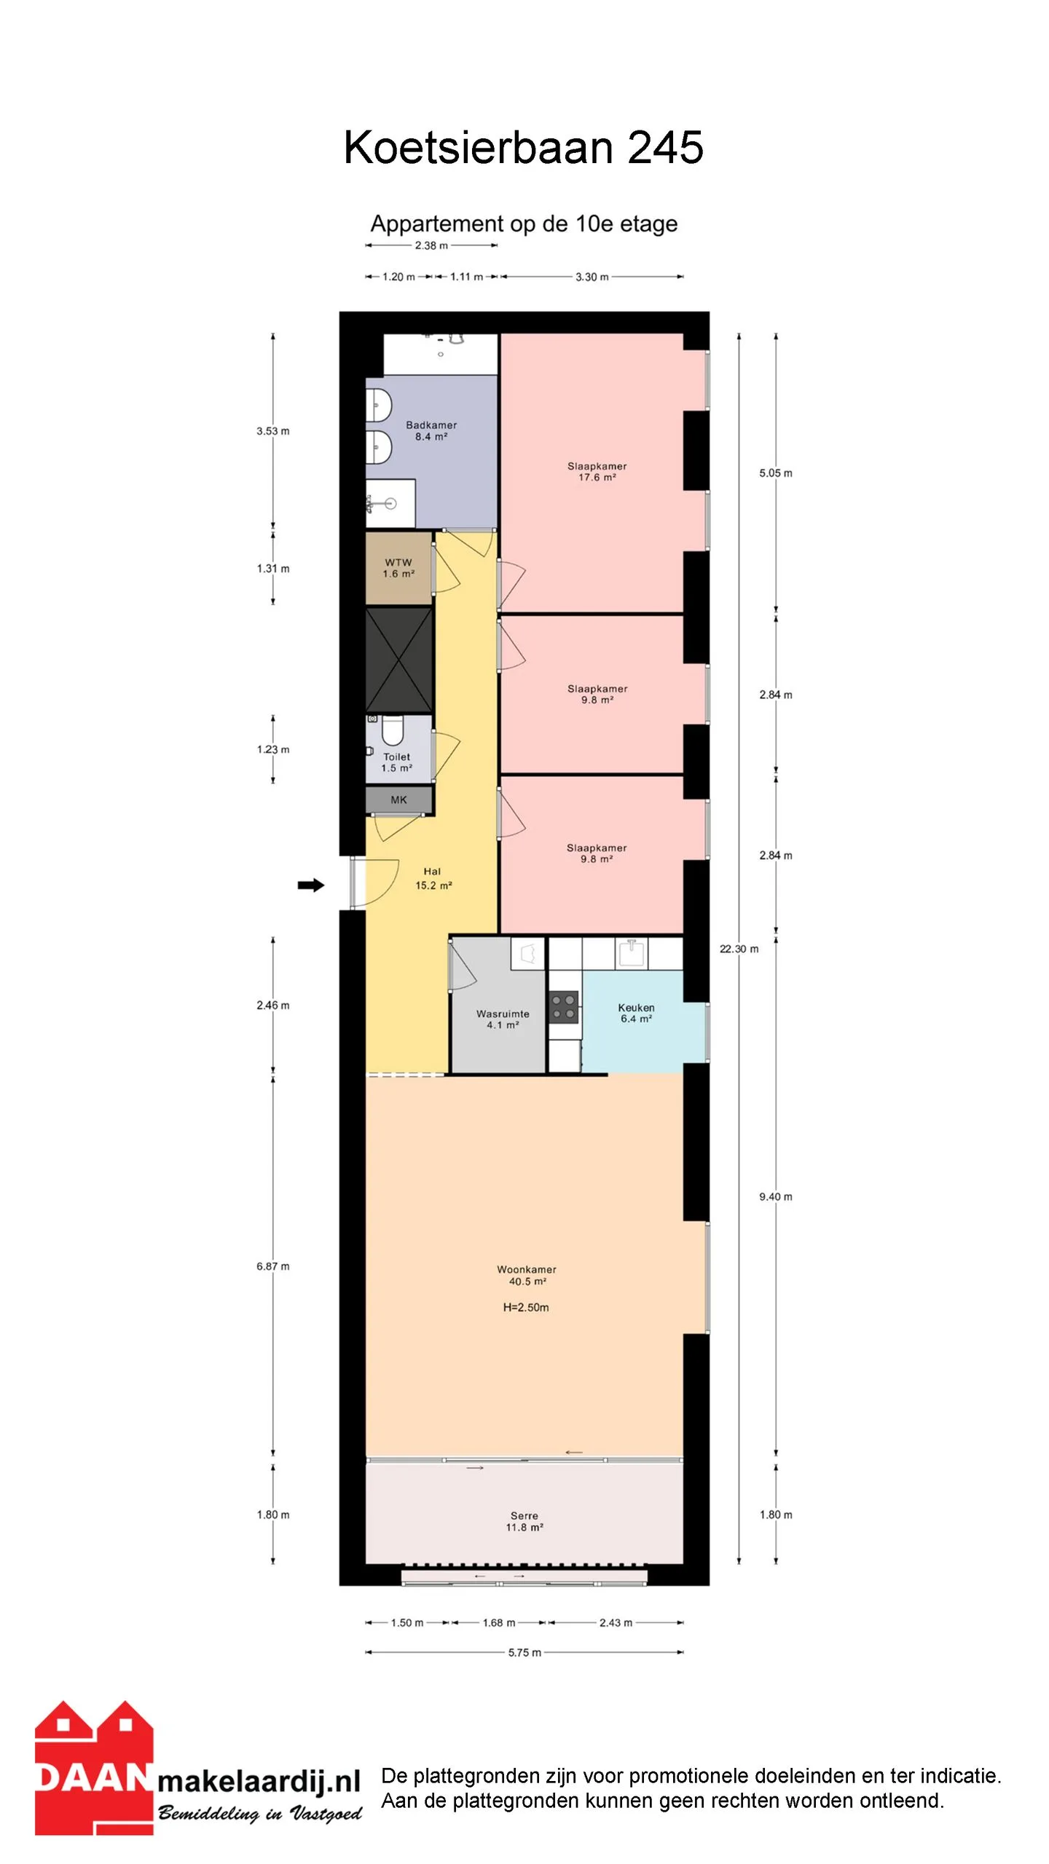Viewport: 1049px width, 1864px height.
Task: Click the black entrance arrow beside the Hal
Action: (x=311, y=885)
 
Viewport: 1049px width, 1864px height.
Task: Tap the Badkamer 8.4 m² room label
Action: (x=431, y=431)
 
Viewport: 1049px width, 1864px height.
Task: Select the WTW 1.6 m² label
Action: (x=398, y=568)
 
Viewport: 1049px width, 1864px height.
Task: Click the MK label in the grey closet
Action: (x=398, y=799)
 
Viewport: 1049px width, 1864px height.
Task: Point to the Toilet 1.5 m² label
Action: (x=397, y=762)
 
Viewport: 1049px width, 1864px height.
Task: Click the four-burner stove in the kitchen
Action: (x=563, y=1007)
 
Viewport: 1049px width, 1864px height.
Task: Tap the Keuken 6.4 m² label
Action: (x=636, y=1013)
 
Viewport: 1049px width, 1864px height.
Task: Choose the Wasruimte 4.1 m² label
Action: (x=503, y=1019)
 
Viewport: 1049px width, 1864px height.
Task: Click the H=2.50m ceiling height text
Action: (x=526, y=1307)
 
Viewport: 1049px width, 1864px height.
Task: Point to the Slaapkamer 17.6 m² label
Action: (x=597, y=471)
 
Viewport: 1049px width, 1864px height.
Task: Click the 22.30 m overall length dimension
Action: (x=739, y=949)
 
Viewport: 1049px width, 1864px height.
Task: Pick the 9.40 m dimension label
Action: (x=776, y=1196)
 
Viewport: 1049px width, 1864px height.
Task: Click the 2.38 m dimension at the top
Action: (x=431, y=245)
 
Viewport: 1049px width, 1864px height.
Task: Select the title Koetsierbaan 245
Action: (x=524, y=147)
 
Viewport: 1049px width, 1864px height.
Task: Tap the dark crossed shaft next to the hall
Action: (x=398, y=660)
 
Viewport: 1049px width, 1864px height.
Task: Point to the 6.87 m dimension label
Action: (x=273, y=1266)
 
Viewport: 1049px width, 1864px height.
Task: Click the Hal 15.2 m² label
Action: (x=433, y=878)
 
